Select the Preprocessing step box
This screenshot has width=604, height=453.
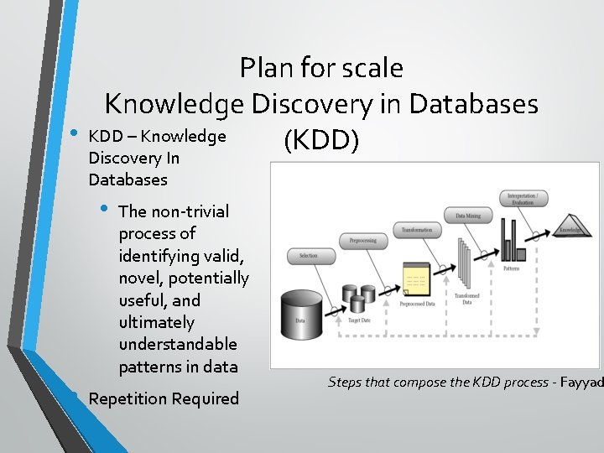pos(363,241)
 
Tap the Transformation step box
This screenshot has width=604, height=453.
pos(417,230)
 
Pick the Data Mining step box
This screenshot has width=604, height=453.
pos(467,216)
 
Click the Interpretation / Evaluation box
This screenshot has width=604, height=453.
pos(527,199)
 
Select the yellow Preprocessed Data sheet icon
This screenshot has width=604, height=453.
pos(415,278)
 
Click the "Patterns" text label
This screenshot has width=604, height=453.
pos(512,269)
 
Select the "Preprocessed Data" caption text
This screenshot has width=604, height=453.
pos(417,305)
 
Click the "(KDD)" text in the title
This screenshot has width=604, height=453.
pos(321,142)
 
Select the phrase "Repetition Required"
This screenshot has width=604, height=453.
pos(164,398)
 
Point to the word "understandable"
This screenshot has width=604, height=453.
pos(178,344)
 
